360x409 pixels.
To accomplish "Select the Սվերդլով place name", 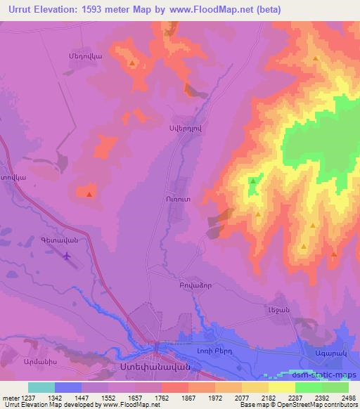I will [x=188, y=128].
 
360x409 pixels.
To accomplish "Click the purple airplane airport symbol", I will [x=67, y=257].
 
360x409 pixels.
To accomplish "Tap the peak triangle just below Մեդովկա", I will [x=132, y=64].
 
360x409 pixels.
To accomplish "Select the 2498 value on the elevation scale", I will [x=340, y=397].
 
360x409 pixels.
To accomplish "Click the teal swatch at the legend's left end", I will [x=41, y=387].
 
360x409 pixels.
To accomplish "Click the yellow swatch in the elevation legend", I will [x=281, y=387].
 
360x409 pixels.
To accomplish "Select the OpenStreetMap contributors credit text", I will [x=319, y=405].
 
